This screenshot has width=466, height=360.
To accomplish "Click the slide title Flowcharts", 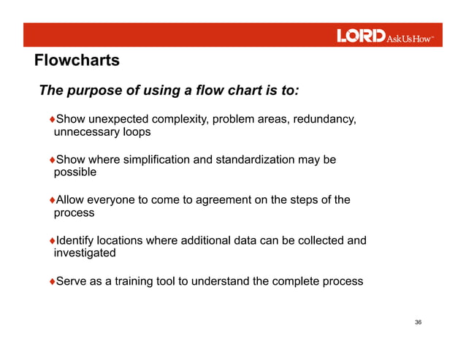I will [77, 61].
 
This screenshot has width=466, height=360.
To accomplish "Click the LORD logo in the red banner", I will [360, 36].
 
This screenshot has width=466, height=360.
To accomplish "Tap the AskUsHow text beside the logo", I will [410, 37].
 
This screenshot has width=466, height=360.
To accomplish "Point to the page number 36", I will [418, 322].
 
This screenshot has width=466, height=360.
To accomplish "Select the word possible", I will [75, 173].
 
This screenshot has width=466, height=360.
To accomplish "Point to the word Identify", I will [77, 240].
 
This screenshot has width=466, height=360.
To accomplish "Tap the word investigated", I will [85, 253].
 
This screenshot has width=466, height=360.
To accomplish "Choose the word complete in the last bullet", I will [297, 280].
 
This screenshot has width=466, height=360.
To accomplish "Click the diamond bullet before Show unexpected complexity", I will [52, 119].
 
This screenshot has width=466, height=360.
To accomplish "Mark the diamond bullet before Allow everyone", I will [52, 199].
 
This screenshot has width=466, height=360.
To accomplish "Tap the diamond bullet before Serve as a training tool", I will [52, 280].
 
